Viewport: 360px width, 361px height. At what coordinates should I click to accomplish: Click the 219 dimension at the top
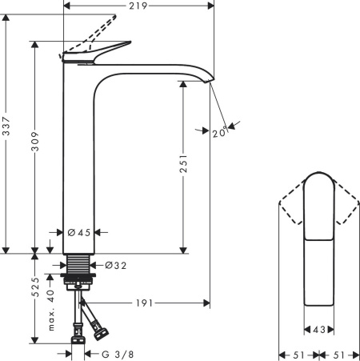[x=141, y=6]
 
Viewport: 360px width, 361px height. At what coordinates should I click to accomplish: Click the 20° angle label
[x=219, y=133]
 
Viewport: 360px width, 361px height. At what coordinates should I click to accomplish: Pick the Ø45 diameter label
[x=79, y=233]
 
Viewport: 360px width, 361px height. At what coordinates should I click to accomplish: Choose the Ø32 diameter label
[x=116, y=265]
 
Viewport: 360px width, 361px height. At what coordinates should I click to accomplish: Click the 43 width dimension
[x=318, y=329]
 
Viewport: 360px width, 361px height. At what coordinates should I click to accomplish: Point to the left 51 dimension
[x=295, y=353]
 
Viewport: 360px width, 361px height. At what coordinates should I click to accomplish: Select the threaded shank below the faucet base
[x=78, y=264]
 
